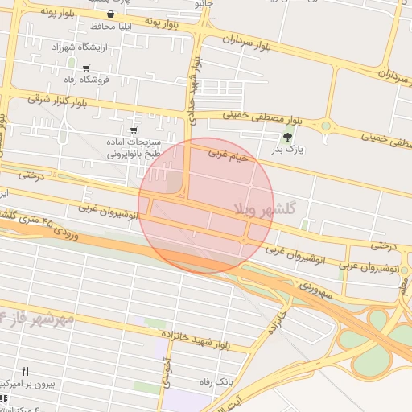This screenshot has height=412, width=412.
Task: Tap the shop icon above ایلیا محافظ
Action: (110, 14)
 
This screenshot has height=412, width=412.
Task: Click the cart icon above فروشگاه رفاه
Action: (86, 68)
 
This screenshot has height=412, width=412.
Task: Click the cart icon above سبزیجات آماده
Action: (134, 130)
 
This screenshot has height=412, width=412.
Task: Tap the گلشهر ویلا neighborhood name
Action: (266, 208)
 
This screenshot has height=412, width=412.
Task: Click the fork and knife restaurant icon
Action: (25, 371)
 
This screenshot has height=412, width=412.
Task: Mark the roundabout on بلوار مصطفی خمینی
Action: (326, 126)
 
